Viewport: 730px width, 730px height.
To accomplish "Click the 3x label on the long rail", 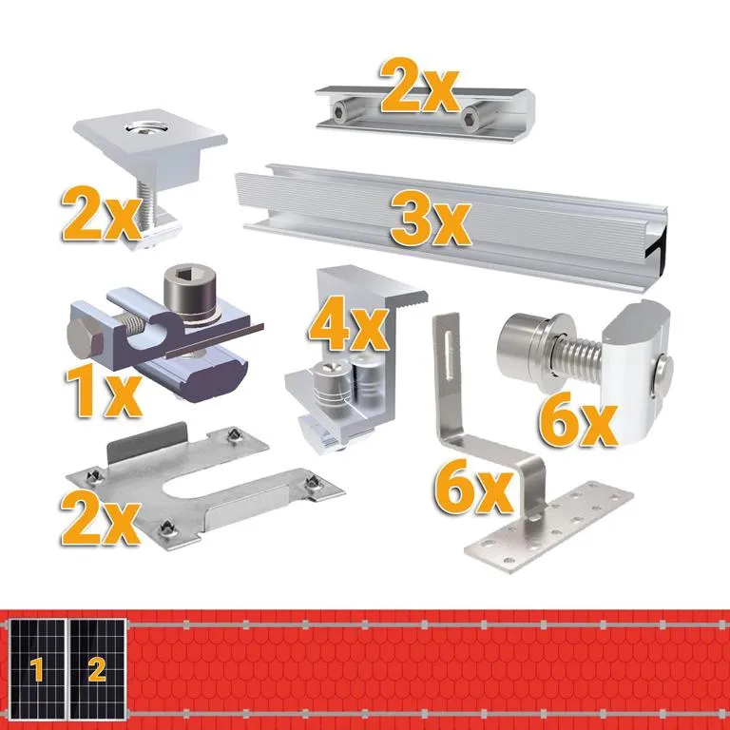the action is pyautogui.click(x=431, y=220).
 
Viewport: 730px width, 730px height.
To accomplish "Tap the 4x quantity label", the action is pyautogui.click(x=348, y=324).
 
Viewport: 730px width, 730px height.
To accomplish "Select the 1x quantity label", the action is pyautogui.click(x=103, y=391).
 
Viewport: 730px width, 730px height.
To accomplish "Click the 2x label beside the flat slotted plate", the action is pyautogui.click(x=101, y=518).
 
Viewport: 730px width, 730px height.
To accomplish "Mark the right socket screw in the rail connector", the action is pyautogui.click(x=471, y=114).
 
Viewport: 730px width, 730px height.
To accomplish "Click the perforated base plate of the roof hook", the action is pyautogui.click(x=548, y=526).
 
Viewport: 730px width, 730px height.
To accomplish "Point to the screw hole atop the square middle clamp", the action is pyautogui.click(x=143, y=128).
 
